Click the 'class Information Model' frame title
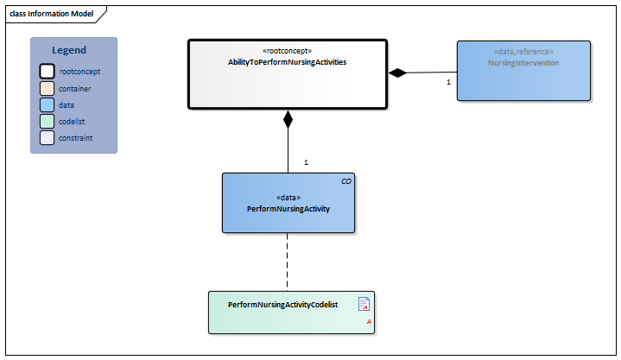pyautogui.click(x=52, y=14)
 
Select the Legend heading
pyautogui.click(x=69, y=51)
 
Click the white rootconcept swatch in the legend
pyautogui.click(x=47, y=72)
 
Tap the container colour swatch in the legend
pyautogui.click(x=47, y=88)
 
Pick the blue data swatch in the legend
pyautogui.click(x=47, y=104)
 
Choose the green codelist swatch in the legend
pyautogui.click(x=47, y=121)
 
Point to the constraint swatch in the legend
pyautogui.click(x=47, y=137)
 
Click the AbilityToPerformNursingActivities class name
pyautogui.click(x=287, y=62)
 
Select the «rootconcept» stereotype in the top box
pyautogui.click(x=287, y=51)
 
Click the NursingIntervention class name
pyautogui.click(x=523, y=63)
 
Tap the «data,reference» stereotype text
pyautogui.click(x=523, y=52)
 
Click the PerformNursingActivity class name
pyautogui.click(x=288, y=209)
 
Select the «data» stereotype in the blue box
pyautogui.click(x=288, y=198)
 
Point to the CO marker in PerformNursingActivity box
pyautogui.click(x=346, y=181)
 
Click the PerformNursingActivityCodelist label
pyautogui.click(x=282, y=305)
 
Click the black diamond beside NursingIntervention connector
pyautogui.click(x=397, y=73)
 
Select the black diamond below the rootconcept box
pyautogui.click(x=288, y=119)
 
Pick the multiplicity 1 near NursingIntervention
pyautogui.click(x=448, y=82)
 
